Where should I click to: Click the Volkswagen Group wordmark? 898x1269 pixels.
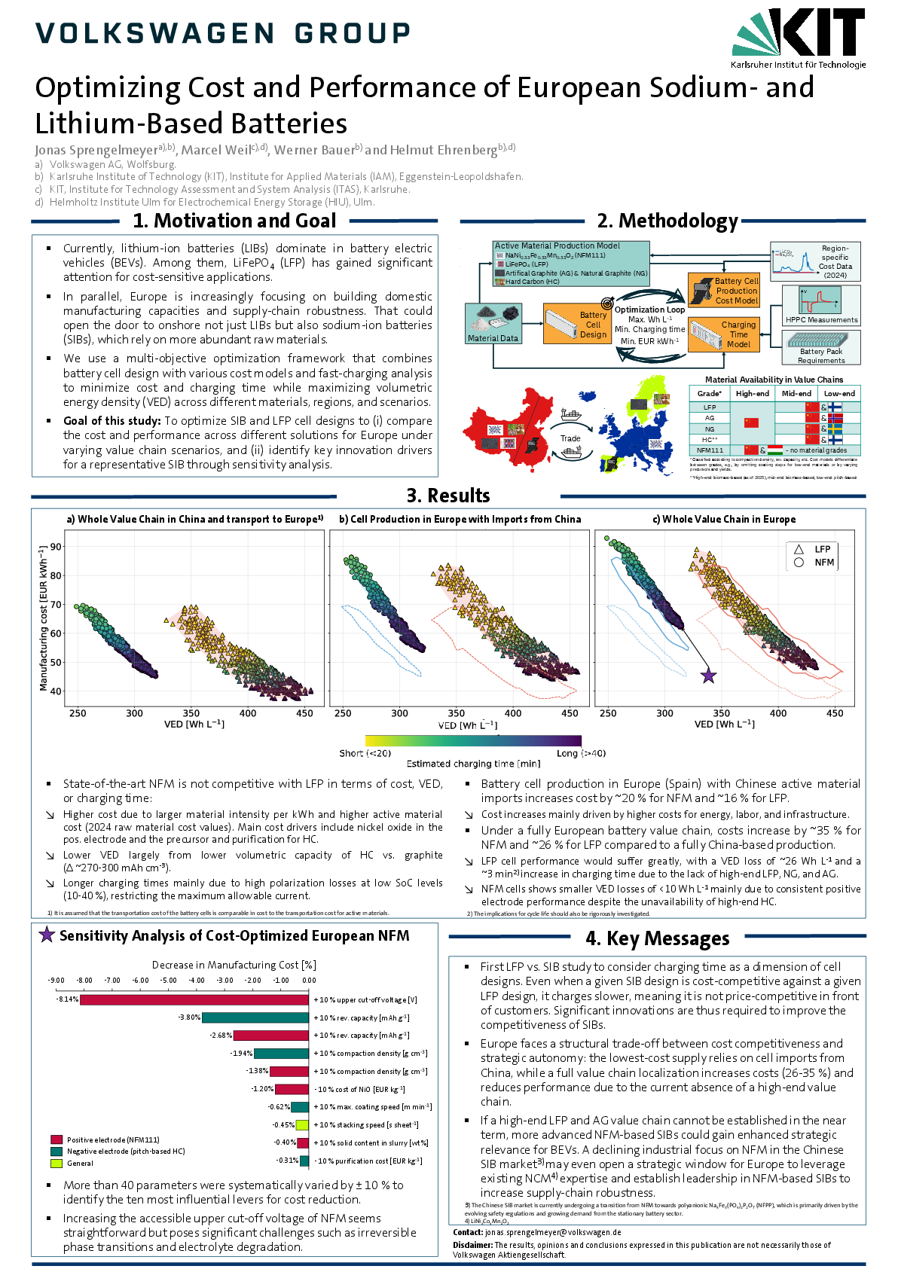tap(223, 33)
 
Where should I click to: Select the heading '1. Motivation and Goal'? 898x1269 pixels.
tap(234, 221)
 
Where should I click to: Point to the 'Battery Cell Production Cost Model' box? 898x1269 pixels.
tap(723, 290)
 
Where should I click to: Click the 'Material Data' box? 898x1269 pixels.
tap(493, 323)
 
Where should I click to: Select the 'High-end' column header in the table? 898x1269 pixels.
tap(752, 393)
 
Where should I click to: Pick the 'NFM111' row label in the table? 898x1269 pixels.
tap(710, 450)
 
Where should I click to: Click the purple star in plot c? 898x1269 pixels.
tap(708, 676)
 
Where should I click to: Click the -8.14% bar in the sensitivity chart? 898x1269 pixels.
tap(194, 999)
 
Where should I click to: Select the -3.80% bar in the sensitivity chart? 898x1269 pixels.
tap(255, 1017)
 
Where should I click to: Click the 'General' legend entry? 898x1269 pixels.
tap(80, 1163)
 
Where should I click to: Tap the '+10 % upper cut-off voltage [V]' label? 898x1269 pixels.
tap(366, 1000)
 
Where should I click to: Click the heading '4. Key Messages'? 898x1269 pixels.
tap(657, 938)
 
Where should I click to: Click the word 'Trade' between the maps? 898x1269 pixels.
tap(570, 438)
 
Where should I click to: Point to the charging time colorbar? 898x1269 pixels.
tap(473, 741)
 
